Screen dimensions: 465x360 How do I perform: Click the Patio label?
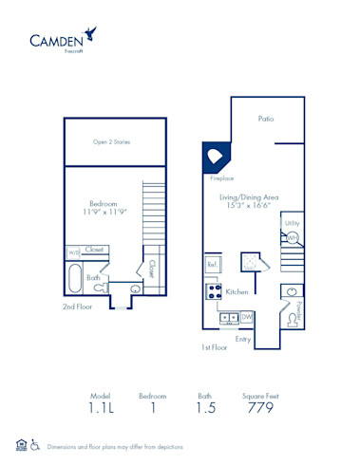click(267, 120)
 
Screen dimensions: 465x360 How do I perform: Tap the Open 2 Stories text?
click(111, 142)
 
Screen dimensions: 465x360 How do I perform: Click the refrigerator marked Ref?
click(213, 264)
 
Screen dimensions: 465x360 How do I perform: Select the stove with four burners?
click(214, 290)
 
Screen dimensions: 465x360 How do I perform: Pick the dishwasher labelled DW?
click(246, 316)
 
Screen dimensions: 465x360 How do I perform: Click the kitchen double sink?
click(228, 316)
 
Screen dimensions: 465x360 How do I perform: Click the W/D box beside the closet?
click(73, 252)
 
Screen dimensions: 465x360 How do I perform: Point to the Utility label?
click(292, 223)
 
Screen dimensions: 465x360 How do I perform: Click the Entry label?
click(243, 338)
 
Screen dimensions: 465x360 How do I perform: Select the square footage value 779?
click(260, 409)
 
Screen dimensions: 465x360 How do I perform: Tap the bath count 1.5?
click(205, 409)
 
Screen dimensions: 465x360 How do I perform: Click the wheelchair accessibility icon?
click(35, 445)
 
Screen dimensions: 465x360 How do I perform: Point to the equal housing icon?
click(21, 445)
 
